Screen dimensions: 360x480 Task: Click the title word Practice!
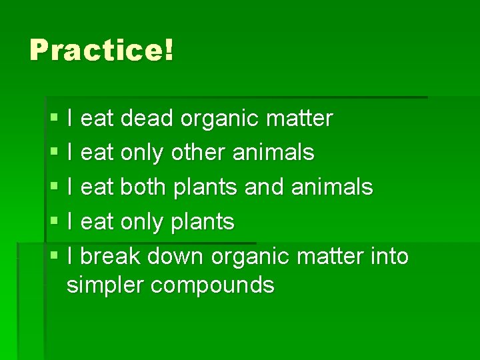(101, 50)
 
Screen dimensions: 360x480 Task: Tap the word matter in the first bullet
(299, 119)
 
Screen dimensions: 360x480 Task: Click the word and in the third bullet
(265, 187)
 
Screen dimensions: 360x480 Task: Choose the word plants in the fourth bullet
(203, 221)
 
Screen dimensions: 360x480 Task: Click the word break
(111, 255)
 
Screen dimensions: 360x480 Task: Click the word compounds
(213, 285)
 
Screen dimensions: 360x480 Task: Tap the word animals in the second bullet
(273, 153)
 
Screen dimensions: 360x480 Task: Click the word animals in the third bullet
(332, 187)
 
